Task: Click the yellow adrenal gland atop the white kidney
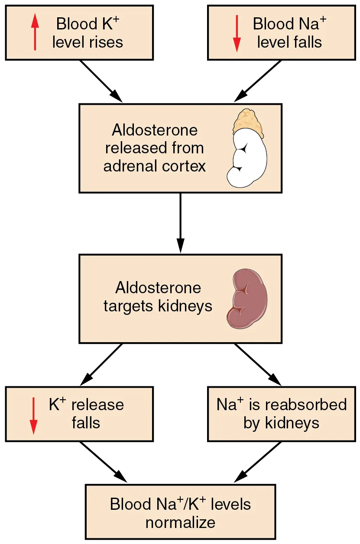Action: (247, 121)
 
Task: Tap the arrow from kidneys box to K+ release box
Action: (101, 364)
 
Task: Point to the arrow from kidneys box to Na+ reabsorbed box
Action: (258, 364)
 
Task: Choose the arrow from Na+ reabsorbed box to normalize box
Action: (258, 462)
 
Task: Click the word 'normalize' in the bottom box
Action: (180, 522)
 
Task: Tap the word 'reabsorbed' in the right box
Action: (305, 405)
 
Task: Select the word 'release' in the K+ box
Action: (97, 405)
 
